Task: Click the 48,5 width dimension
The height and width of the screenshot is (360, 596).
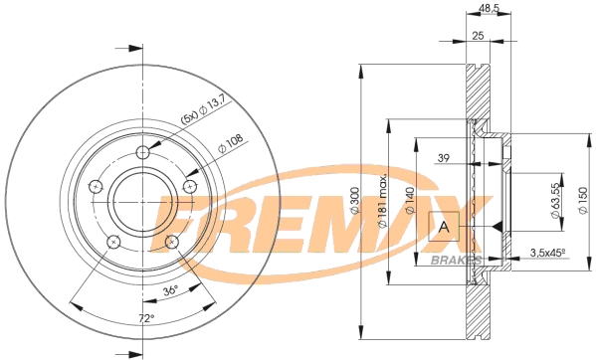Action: (489, 9)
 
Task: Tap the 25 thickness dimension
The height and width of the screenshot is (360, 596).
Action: (478, 35)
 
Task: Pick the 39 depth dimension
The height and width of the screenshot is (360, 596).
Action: (444, 158)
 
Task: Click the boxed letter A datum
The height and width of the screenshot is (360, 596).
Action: (443, 228)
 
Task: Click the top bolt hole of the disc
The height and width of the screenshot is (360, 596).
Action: (144, 152)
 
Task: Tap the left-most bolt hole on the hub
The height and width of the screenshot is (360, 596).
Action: (96, 187)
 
